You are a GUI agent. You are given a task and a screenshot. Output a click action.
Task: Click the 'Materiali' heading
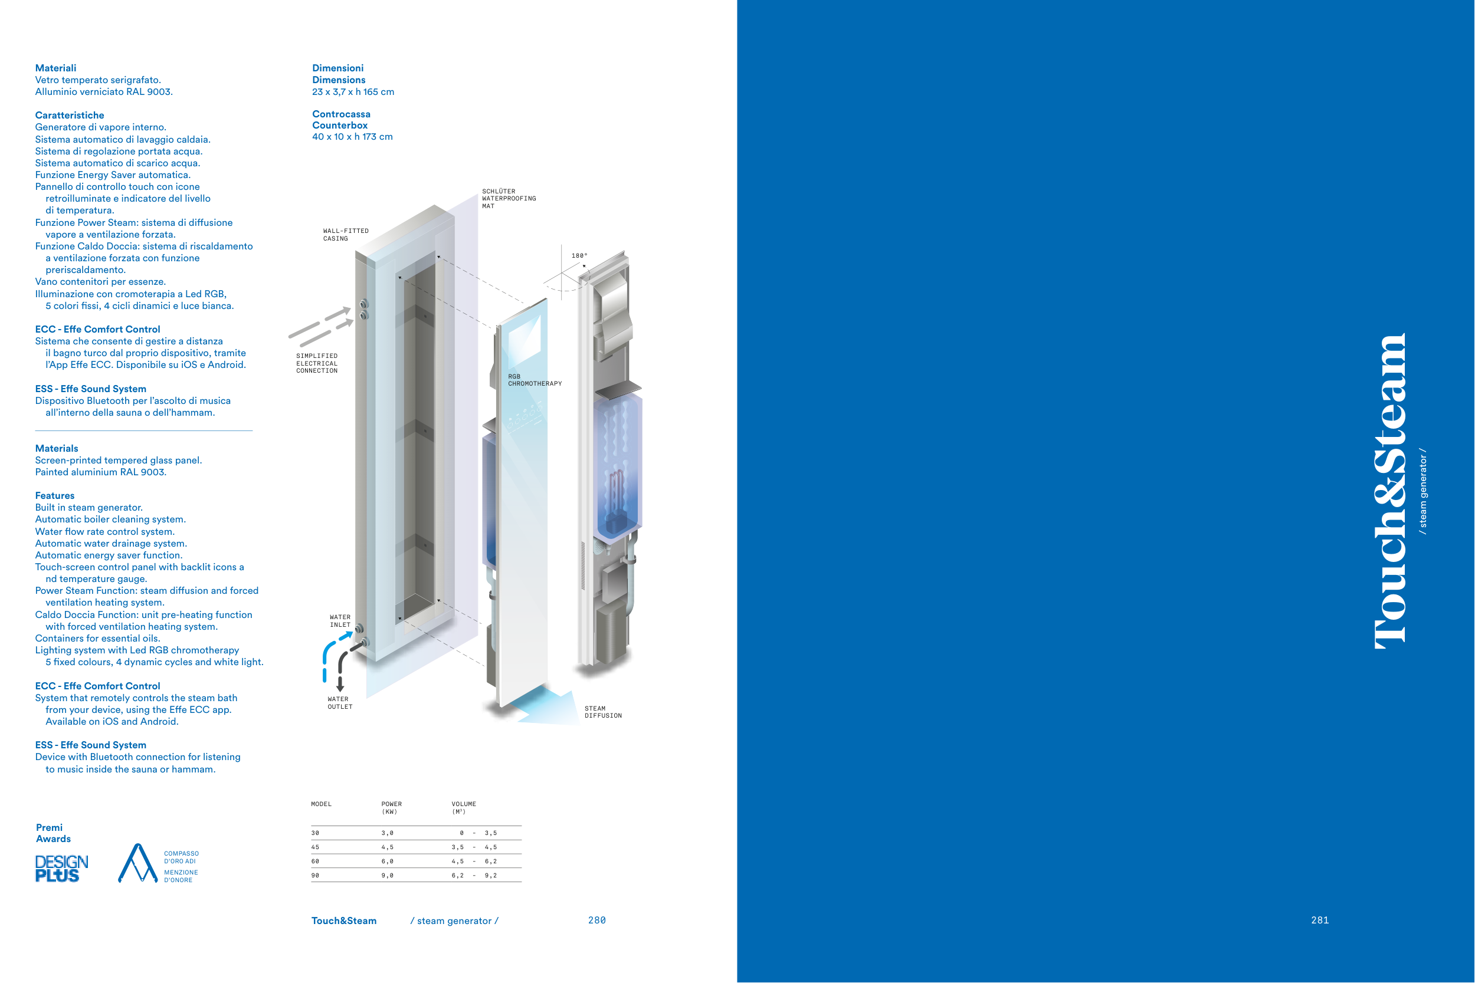[56, 68]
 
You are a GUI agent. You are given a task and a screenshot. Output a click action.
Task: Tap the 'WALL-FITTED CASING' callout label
[346, 235]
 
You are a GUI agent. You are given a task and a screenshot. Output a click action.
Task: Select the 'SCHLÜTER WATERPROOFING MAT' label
[509, 198]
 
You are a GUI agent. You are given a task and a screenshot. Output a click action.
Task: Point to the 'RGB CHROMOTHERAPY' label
[535, 380]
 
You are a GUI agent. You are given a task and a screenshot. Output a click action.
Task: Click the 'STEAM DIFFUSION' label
[602, 712]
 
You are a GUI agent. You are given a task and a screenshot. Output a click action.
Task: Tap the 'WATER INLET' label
[340, 621]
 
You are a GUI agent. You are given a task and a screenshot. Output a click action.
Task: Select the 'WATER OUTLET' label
[340, 703]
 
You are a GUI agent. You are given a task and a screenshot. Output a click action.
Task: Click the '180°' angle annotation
[579, 255]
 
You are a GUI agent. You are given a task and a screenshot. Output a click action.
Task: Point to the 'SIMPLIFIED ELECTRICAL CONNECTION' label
[317, 363]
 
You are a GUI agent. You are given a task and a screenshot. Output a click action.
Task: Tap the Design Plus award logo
[61, 868]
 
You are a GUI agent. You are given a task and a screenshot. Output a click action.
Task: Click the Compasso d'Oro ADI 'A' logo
[137, 863]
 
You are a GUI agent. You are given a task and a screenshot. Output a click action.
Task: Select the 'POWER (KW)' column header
[391, 807]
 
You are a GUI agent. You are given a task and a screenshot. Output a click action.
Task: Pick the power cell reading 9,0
[388, 875]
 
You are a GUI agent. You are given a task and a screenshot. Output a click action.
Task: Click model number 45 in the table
[315, 847]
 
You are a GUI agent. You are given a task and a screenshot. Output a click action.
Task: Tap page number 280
[597, 920]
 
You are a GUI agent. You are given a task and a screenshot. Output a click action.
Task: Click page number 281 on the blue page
[1320, 920]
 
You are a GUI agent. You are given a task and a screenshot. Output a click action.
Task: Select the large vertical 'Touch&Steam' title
[1389, 491]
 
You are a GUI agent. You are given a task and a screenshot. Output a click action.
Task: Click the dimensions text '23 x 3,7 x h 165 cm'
[353, 91]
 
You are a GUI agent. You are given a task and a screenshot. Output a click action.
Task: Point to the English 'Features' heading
[54, 495]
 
